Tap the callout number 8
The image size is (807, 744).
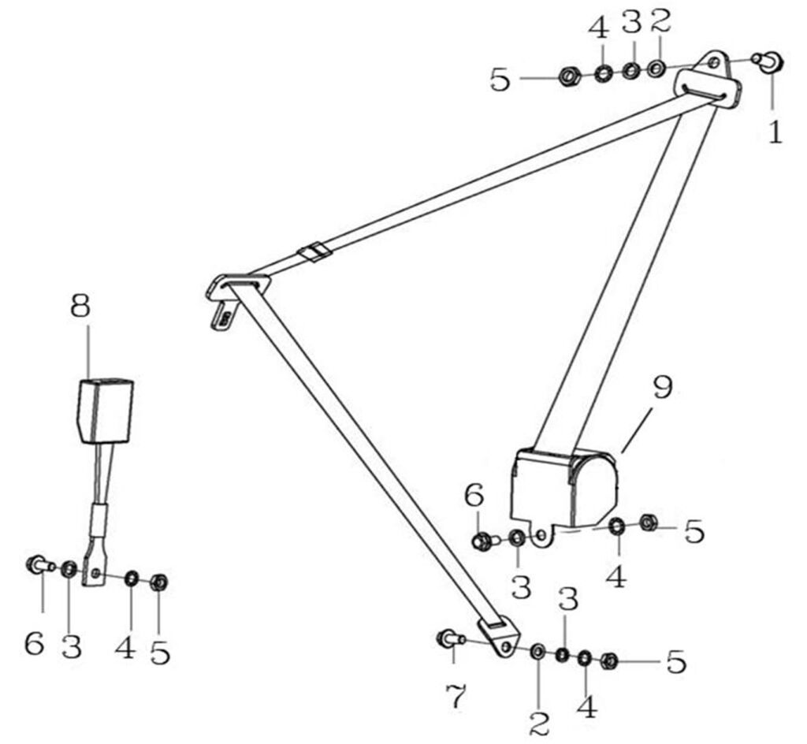(80, 306)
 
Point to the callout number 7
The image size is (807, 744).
(456, 696)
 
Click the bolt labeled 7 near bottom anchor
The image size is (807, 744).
(448, 638)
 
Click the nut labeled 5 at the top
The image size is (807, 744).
(567, 77)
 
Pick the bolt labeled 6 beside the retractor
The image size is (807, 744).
(482, 541)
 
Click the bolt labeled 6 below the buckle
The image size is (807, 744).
(37, 564)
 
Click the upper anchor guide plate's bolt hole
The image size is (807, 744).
(714, 62)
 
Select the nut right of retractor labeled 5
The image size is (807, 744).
(649, 522)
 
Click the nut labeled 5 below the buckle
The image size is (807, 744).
(158, 582)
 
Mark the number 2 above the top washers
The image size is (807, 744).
(660, 21)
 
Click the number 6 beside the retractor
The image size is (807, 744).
(473, 496)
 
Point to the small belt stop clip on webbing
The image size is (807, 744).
(315, 252)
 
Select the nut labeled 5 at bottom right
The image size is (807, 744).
(608, 662)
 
